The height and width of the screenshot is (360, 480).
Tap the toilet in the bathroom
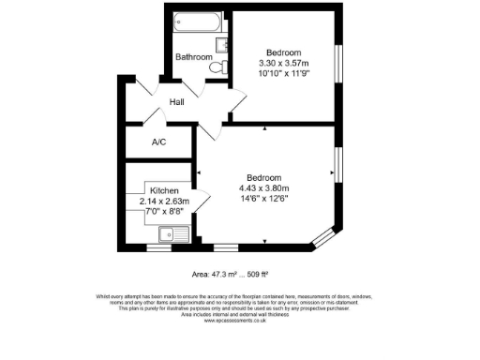coord(217,67)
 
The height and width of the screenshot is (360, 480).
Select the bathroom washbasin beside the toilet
coord(221,44)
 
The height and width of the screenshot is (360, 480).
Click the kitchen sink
coord(174,235)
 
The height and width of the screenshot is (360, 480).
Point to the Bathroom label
coord(194,57)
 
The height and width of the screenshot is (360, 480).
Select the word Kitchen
coord(151,189)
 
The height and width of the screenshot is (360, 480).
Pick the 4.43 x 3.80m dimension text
coord(263,188)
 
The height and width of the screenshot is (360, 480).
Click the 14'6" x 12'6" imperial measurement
coord(263,199)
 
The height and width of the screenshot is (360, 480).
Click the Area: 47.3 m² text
coord(214,275)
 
